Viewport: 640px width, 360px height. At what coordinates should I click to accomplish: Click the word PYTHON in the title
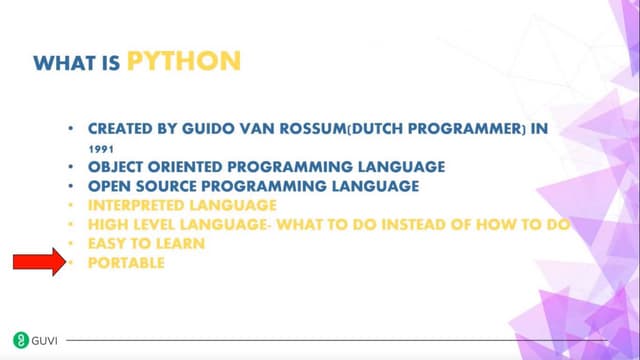coord(184,61)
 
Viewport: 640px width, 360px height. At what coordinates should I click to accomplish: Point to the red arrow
coord(37,262)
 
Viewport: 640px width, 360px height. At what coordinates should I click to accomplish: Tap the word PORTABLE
coord(126,262)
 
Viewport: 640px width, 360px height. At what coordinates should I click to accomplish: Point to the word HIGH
coord(107,224)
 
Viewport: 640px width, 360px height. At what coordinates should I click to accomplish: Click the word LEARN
coord(178,243)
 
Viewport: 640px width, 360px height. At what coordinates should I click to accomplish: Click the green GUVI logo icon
coord(20,340)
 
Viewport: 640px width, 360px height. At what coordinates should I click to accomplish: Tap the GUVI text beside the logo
coord(45,340)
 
